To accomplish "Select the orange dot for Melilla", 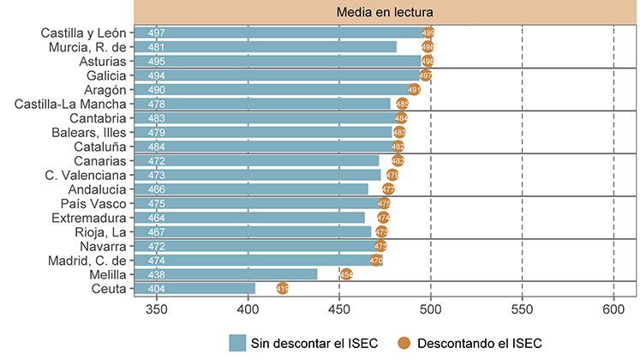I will [x=346, y=274].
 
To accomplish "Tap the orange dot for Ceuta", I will [x=283, y=289].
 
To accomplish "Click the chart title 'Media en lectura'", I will [x=385, y=12].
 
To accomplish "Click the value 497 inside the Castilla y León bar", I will [x=157, y=33].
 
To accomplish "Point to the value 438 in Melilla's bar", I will [x=157, y=274].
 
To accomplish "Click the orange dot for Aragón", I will [x=414, y=89].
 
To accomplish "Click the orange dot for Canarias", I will [x=398, y=160].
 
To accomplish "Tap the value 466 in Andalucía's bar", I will [x=157, y=189].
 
